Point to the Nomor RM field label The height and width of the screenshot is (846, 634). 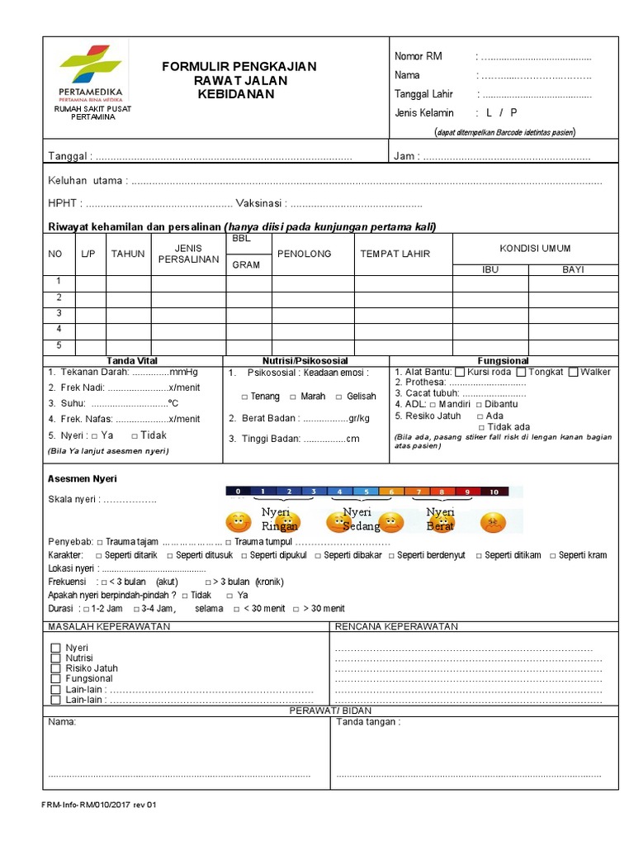point(418,56)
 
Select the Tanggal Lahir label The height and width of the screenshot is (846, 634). point(423,94)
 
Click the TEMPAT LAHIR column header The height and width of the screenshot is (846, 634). point(395,254)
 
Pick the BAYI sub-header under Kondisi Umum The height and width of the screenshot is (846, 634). point(573,269)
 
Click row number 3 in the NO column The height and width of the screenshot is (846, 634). point(59,313)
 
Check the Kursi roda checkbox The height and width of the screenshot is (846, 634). point(460,372)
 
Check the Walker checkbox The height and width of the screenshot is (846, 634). point(574,372)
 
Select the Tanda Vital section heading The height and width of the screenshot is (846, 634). point(132,361)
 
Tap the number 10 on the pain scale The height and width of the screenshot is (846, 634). point(494,492)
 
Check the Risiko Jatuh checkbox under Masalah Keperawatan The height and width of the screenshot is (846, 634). point(56,668)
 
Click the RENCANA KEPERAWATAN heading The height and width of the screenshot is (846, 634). point(396,626)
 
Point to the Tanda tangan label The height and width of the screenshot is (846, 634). point(368,721)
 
